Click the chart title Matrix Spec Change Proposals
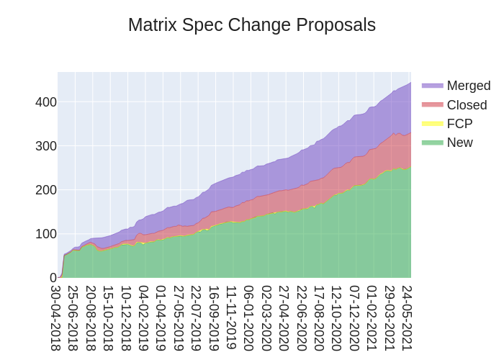tap(252, 25)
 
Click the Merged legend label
tap(468, 86)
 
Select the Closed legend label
tap(467, 105)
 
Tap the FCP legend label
tap(459, 124)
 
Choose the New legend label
tap(459, 143)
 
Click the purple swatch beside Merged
tap(432, 86)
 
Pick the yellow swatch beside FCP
tap(432, 124)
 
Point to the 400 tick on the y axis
tap(46, 102)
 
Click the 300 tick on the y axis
tap(46, 146)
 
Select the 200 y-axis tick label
tap(46, 190)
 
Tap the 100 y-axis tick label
tap(46, 234)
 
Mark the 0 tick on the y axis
tap(53, 278)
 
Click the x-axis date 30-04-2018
tap(56, 318)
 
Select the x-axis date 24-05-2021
tap(407, 318)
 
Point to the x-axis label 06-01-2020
tap(249, 318)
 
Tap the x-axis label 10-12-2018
tap(126, 318)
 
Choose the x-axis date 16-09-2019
tap(214, 318)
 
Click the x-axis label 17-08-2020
tap(319, 318)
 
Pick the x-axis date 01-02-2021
tap(372, 318)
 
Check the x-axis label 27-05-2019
tap(179, 318)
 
